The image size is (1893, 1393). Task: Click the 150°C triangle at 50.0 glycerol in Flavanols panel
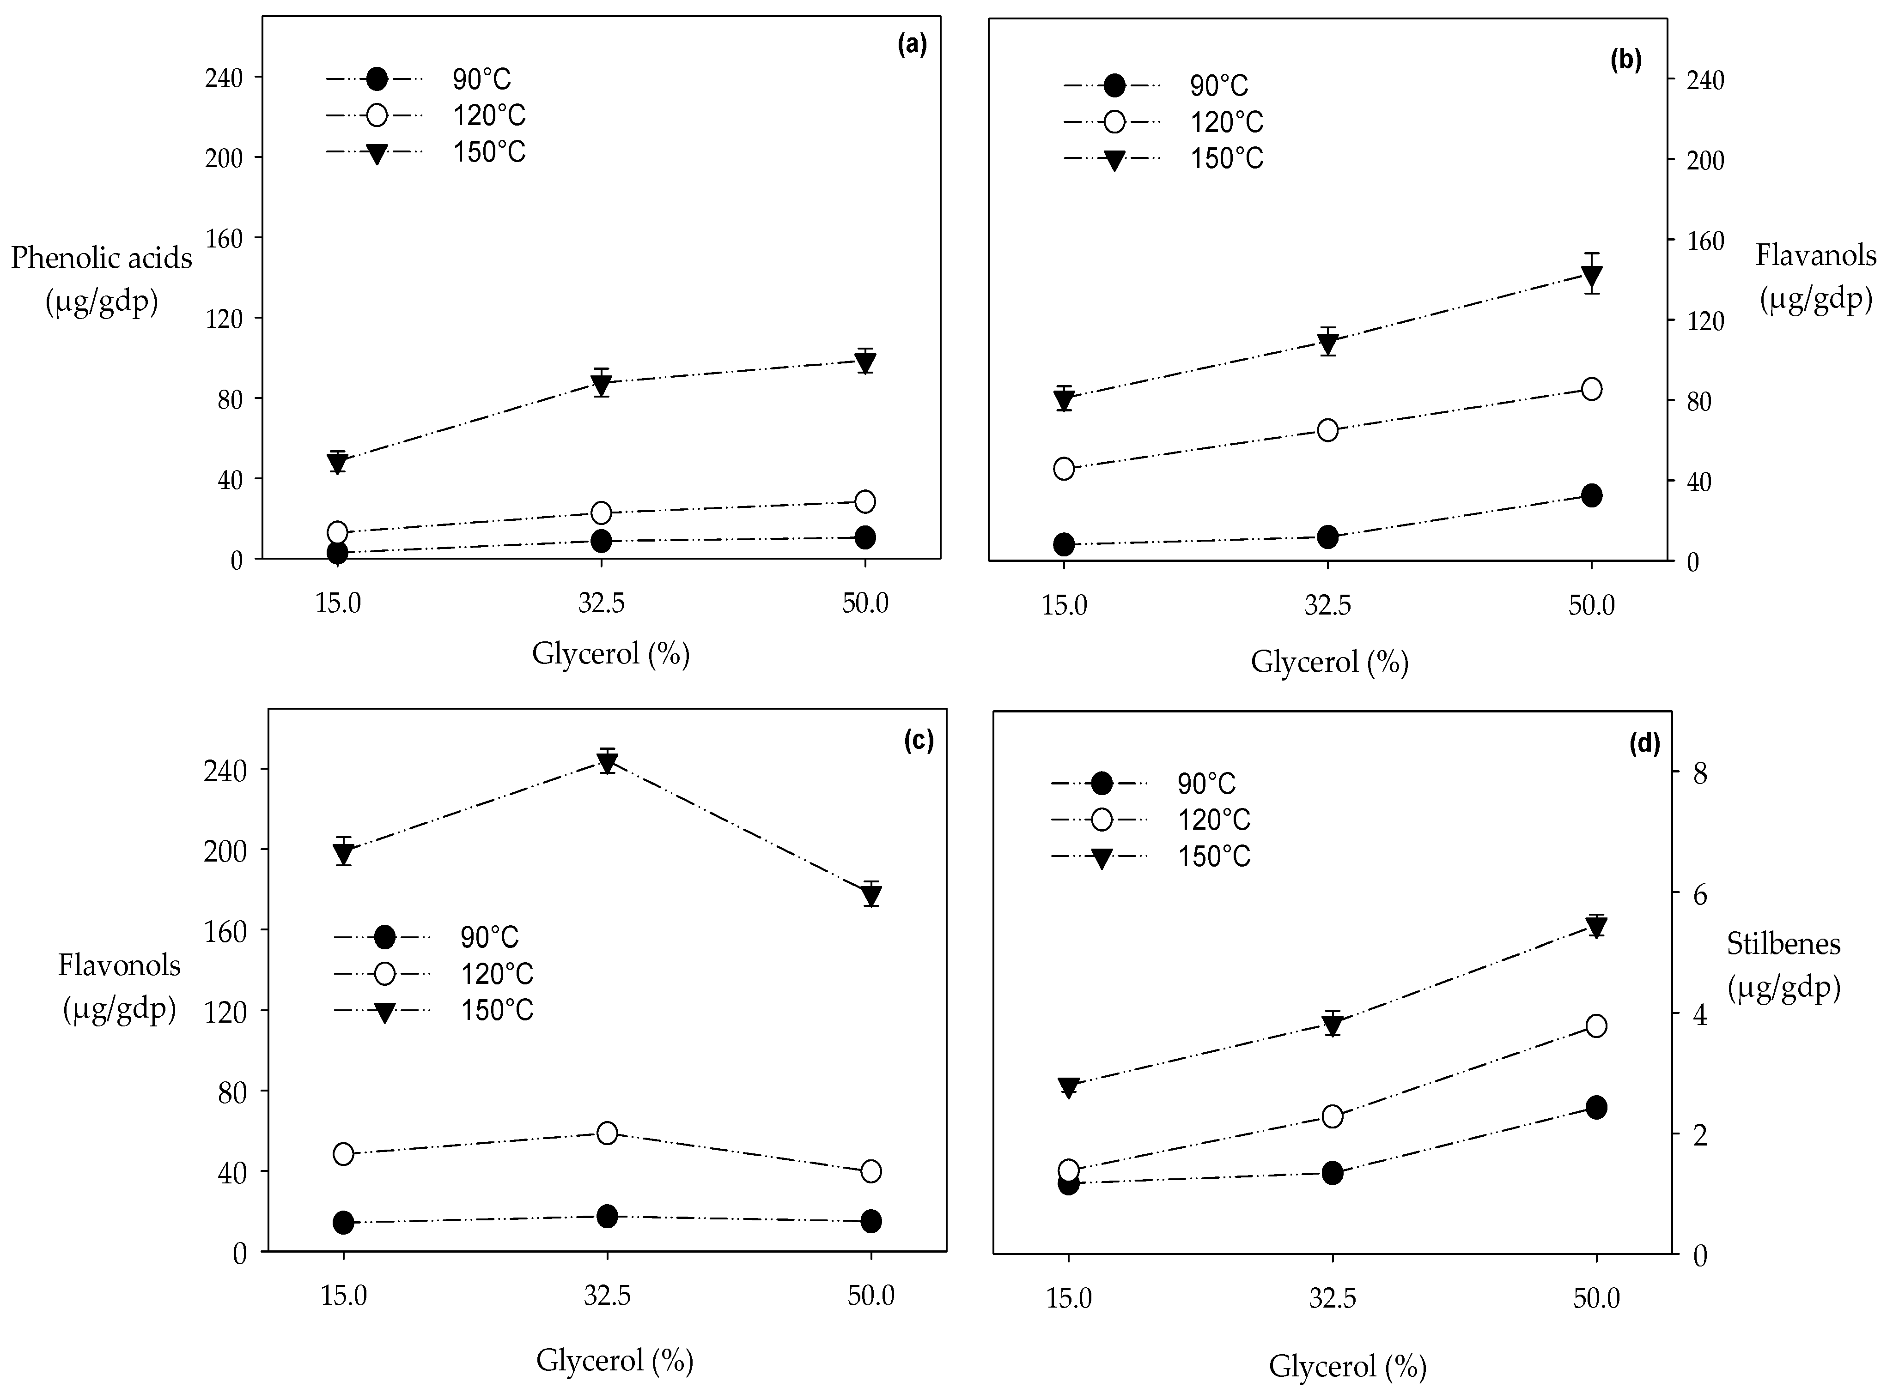point(1591,276)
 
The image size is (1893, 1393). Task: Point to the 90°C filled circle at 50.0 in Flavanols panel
point(1591,495)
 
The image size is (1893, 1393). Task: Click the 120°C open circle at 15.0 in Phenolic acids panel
point(337,532)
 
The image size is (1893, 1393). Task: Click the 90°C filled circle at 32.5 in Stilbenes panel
point(1332,1173)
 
